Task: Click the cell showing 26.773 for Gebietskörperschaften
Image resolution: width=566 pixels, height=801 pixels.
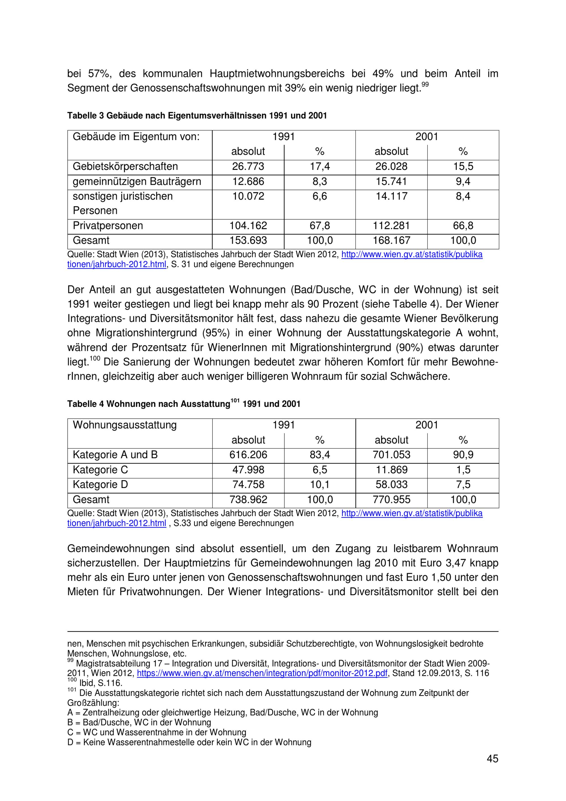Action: coord(248,166)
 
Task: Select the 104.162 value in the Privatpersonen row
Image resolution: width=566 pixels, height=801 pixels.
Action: coord(248,226)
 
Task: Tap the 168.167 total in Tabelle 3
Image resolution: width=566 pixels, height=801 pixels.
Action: coord(391,240)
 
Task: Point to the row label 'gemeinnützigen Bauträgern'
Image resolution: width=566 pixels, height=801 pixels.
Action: coord(137,181)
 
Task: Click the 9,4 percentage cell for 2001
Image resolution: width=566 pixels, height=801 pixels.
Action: coord(463,181)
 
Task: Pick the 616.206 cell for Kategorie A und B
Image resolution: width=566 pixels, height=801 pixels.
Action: coord(248,455)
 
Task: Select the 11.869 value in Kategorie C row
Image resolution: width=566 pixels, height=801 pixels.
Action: coord(391,470)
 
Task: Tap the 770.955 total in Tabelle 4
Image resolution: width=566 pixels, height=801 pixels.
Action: coord(391,500)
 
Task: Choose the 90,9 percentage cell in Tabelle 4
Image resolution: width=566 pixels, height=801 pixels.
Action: coord(463,455)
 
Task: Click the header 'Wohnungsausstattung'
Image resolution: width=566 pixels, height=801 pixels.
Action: coord(125,425)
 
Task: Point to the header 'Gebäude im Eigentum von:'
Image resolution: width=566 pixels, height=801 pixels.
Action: coord(136,136)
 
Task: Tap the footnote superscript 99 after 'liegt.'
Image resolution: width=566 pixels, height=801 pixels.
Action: coord(425,84)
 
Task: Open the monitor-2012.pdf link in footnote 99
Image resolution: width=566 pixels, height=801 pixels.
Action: coord(262,673)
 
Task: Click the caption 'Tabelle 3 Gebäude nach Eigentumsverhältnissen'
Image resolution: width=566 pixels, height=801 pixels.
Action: coord(197,115)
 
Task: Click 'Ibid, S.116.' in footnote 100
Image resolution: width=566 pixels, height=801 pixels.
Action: coord(101,683)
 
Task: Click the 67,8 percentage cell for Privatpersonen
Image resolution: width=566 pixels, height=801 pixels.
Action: coord(320,226)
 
